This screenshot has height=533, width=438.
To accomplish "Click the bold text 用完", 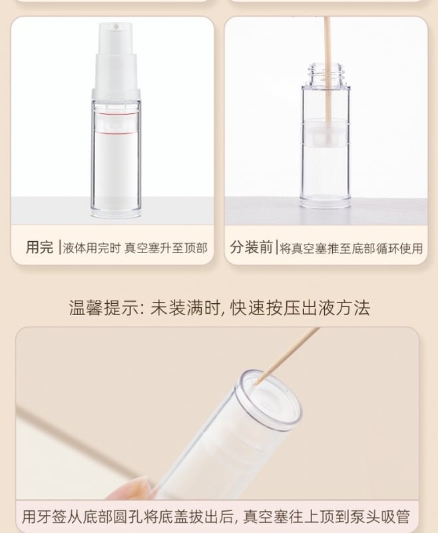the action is pyautogui.click(x=39, y=247).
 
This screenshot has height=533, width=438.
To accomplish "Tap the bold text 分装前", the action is pyautogui.click(x=251, y=247).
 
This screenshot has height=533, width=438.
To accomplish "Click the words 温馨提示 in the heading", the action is pyautogui.click(x=103, y=308).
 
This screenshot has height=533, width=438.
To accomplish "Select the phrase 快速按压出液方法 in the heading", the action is pyautogui.click(x=300, y=308).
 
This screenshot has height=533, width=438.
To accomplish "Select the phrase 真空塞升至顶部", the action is pyautogui.click(x=165, y=248).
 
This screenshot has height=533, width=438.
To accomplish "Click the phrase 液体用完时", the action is pyautogui.click(x=92, y=248).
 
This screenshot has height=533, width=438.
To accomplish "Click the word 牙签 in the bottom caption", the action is pyautogui.click(x=59, y=516).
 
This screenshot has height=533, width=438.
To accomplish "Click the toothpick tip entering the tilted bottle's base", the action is pyautogui.click(x=256, y=384).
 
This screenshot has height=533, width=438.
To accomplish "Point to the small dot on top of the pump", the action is pyautogui.click(x=116, y=26).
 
